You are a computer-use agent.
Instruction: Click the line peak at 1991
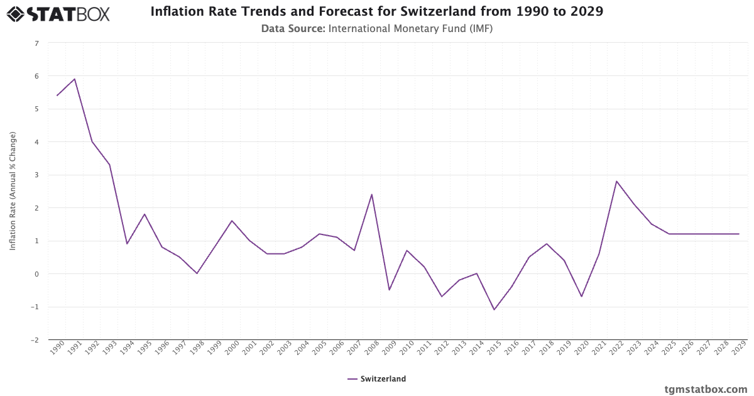coord(74,79)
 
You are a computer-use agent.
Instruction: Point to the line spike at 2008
coord(372,194)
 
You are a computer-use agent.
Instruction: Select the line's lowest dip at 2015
coord(494,310)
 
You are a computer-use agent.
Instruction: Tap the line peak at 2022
coord(616,181)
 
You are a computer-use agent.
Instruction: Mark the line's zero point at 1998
coord(197,273)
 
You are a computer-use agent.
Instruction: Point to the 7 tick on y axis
coord(36,43)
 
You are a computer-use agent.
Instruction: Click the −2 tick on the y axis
coord(35,340)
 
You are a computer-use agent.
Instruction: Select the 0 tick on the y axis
coord(36,274)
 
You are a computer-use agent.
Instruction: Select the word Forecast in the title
coord(349,12)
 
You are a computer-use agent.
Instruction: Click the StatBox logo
coord(58,13)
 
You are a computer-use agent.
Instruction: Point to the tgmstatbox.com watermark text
coord(706,389)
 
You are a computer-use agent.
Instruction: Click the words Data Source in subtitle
coord(293,28)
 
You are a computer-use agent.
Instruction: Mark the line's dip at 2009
coord(389,290)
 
